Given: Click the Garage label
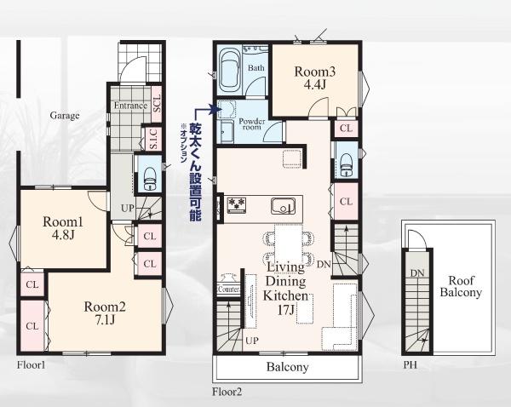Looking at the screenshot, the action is coord(65,115).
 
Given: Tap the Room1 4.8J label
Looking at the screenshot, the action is coord(63,228).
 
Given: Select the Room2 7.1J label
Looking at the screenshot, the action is coord(105,312).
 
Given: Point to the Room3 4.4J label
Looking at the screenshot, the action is coord(315,77).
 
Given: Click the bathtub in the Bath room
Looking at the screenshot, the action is coord(230,72).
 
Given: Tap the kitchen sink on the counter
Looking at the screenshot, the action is coord(284,206).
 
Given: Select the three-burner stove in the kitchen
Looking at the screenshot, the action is coord(237,205).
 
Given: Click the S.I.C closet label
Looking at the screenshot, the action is coord(153,139).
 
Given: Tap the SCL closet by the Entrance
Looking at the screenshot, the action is coord(157,104).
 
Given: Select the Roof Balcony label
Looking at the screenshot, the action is coord(461,286).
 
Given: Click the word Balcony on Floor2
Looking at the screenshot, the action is coord(287,367).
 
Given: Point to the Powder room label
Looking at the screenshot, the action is coord(252,123).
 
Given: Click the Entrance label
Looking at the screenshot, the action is coord(130,106).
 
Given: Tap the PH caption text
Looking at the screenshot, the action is coord(410,364).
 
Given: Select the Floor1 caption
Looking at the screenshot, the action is coord(31,364).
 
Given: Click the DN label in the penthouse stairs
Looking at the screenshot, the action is coord(417,273).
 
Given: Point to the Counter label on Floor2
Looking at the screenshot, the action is coord(229,289).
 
